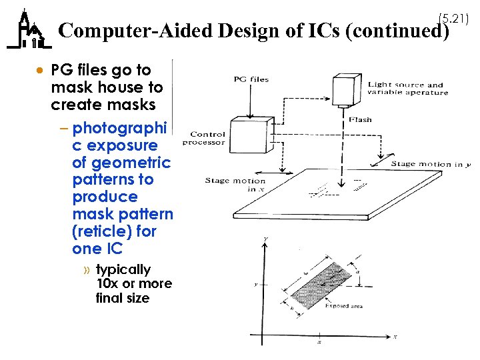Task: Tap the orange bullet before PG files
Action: click(x=41, y=70)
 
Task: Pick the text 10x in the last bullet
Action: click(x=107, y=283)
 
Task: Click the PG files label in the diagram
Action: click(x=251, y=80)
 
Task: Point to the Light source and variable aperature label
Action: click(x=407, y=89)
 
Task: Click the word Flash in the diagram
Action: click(x=360, y=120)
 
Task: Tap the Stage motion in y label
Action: click(x=430, y=164)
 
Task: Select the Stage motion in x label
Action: click(x=235, y=185)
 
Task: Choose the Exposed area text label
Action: click(x=344, y=306)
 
